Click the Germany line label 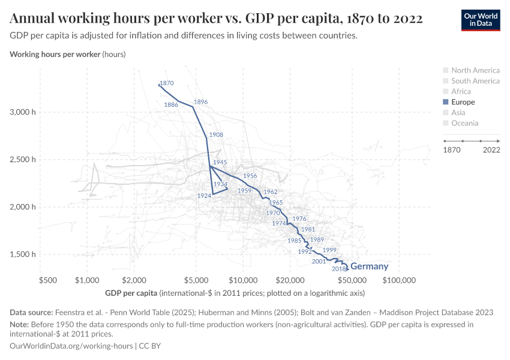[x=369, y=266]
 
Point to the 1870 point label [x=167, y=83]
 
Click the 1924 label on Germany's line [x=204, y=196]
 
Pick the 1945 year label [x=220, y=162]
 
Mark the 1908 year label [x=216, y=134]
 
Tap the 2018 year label [x=340, y=269]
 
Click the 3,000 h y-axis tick [x=23, y=112]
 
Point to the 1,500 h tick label [x=23, y=254]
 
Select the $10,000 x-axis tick [x=243, y=280]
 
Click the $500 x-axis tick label [x=47, y=280]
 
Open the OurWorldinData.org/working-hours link [x=71, y=346]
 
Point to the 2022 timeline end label [x=491, y=149]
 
